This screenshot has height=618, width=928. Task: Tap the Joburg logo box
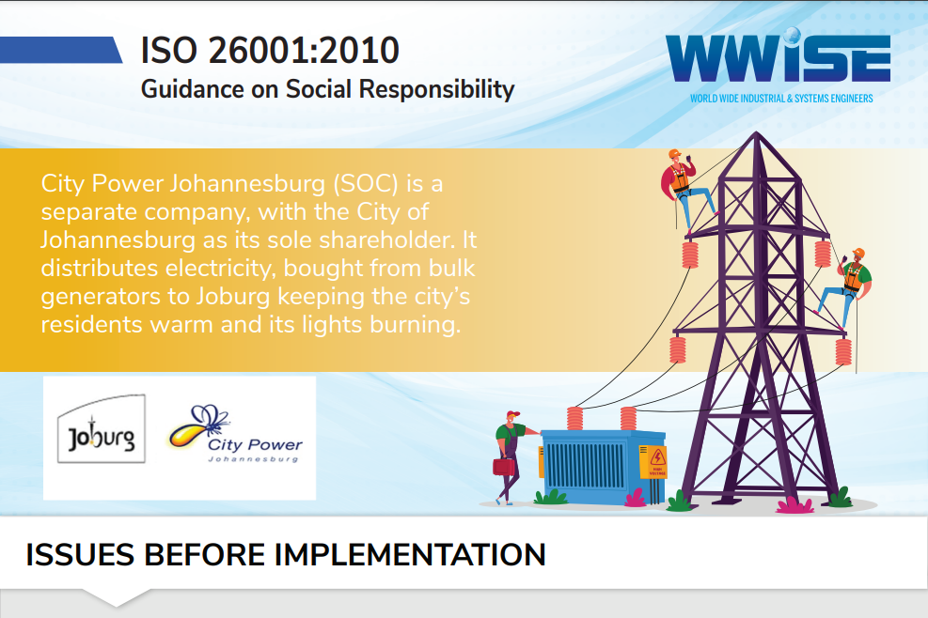pyautogui.click(x=102, y=428)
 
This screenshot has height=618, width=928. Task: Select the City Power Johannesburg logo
pyautogui.click(x=235, y=434)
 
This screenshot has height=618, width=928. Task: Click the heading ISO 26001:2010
pyautogui.click(x=270, y=51)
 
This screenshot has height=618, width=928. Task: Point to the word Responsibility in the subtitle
pyautogui.click(x=437, y=90)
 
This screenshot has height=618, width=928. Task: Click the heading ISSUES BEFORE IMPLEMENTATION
pyautogui.click(x=285, y=555)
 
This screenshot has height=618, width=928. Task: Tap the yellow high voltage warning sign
pyautogui.click(x=653, y=462)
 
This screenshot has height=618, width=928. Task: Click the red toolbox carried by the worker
pyautogui.click(x=504, y=466)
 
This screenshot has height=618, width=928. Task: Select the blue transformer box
pyautogui.click(x=603, y=467)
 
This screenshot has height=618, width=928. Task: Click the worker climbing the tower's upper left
pyautogui.click(x=684, y=189)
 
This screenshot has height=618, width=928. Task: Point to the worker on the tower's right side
pyautogui.click(x=846, y=287)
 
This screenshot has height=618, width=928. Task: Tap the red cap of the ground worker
pyautogui.click(x=512, y=414)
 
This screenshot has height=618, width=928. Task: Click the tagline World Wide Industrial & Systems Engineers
pyautogui.click(x=781, y=99)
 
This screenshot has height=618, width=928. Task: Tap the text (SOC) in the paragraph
pyautogui.click(x=365, y=184)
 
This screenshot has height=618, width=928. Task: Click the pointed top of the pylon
pyautogui.click(x=756, y=132)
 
